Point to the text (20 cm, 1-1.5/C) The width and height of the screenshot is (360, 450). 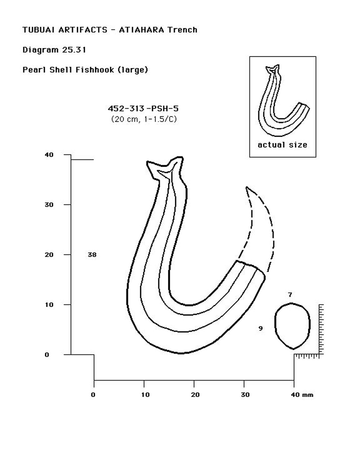point(143,119)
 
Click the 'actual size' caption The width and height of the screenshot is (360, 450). point(282,145)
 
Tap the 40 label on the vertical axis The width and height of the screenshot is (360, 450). point(49,155)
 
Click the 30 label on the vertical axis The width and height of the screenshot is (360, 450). point(49,205)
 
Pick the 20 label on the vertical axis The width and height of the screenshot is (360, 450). point(49,255)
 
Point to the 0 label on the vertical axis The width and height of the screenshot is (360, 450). point(47,355)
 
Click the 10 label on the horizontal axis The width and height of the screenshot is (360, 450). point(145,395)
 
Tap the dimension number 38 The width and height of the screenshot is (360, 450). point(92,255)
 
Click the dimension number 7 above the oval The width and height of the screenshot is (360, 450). point(290,295)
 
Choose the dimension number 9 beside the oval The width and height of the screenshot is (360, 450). point(260,328)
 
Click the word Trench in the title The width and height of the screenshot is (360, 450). point(182,30)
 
